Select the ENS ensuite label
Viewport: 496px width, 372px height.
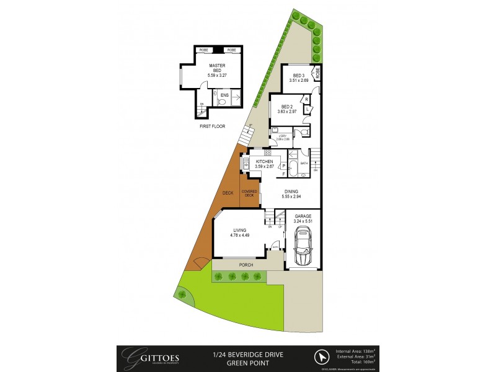[224, 95]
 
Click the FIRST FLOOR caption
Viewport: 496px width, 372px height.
[212, 126]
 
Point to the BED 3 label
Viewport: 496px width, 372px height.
[300, 76]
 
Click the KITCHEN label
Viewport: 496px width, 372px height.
[264, 161]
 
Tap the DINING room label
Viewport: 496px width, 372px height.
[291, 192]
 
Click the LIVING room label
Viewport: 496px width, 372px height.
[239, 230]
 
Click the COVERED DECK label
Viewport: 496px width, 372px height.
[249, 193]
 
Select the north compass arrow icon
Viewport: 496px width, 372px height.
[322, 358]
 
